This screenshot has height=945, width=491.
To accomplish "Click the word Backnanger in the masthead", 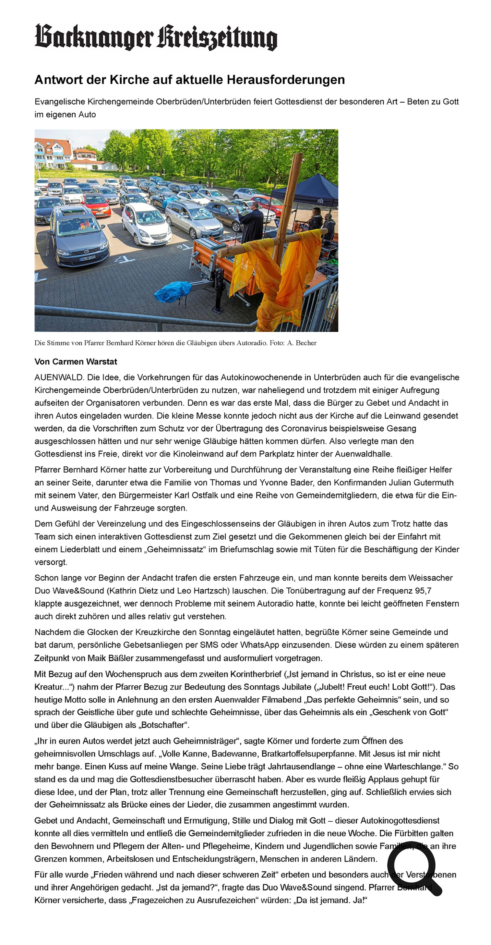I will pyautogui.click(x=93, y=37).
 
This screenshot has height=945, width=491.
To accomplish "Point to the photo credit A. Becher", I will pyautogui.click(x=302, y=343).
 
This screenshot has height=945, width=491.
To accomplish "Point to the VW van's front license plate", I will pyautogui.click(x=87, y=259).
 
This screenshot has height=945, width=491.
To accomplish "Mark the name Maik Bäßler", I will pyautogui.click(x=107, y=658).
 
